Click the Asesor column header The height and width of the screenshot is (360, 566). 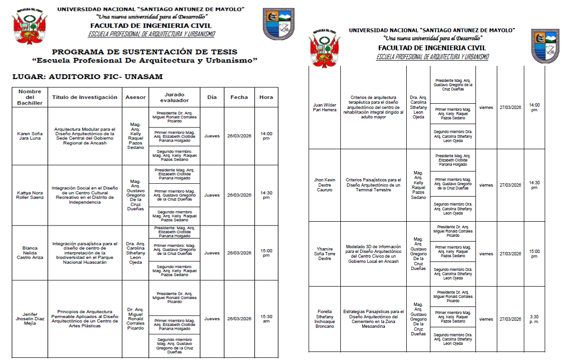[x=135, y=97]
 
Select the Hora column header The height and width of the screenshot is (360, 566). [x=266, y=97]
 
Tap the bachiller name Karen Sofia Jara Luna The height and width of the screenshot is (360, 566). [x=29, y=136]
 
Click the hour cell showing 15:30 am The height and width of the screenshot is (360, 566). [x=266, y=319]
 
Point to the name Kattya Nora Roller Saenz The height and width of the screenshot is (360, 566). [x=29, y=195]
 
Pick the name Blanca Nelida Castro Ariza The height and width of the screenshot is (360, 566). [x=29, y=253]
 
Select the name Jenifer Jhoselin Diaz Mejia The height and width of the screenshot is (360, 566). [x=29, y=319]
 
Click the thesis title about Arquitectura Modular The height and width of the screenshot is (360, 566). [x=85, y=136]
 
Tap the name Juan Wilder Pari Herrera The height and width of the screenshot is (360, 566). [x=324, y=108]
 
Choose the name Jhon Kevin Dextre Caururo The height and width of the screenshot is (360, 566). [x=324, y=185]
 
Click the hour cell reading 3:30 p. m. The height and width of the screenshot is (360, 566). [x=534, y=319]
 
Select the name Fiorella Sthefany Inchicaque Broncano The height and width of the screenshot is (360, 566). [x=324, y=319]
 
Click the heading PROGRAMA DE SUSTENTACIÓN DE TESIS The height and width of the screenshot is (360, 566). [x=145, y=52]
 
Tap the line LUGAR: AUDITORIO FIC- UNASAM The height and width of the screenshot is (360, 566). [x=87, y=77]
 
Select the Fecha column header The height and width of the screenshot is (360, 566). [x=239, y=97]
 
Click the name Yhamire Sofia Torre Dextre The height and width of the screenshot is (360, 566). [x=324, y=254]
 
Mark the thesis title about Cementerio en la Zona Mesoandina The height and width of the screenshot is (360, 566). [x=374, y=319]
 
